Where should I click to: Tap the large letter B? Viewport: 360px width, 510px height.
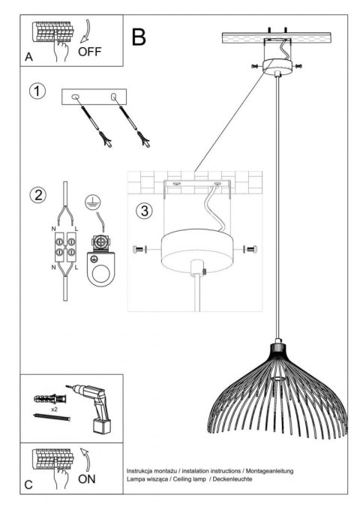[x=139, y=35]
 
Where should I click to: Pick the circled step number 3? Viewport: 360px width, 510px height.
[x=144, y=209]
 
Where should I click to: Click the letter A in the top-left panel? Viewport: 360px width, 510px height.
[x=28, y=57]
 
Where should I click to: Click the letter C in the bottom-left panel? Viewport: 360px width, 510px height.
[x=28, y=484]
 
